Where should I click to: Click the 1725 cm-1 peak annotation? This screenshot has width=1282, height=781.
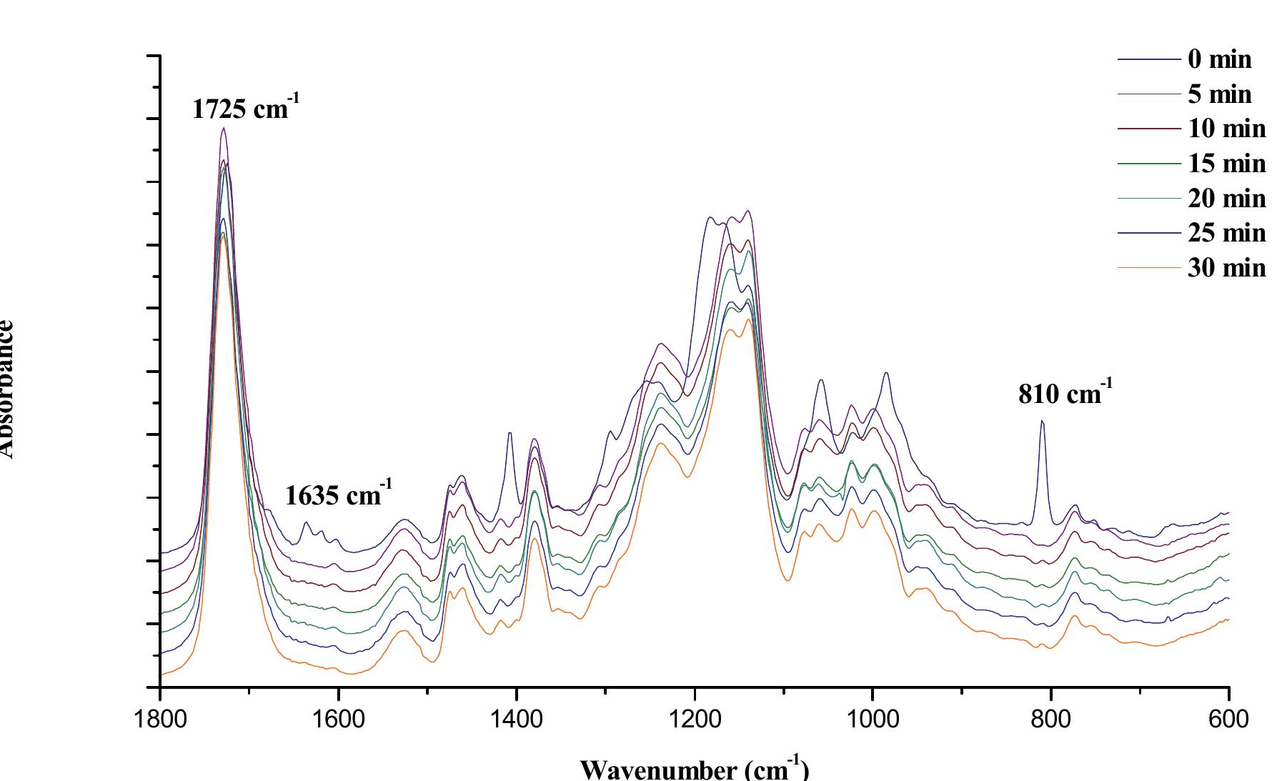(245, 109)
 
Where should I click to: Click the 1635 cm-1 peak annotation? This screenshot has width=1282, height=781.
(338, 494)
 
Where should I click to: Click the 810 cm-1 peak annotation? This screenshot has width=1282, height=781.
(1065, 394)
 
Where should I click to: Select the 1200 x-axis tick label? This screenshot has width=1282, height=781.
(694, 717)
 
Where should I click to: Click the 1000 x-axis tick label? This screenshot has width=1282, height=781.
(872, 717)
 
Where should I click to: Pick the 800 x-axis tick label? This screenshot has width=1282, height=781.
(1050, 717)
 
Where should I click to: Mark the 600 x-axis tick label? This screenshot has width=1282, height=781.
(1228, 717)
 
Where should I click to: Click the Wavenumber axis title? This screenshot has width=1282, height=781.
(694, 769)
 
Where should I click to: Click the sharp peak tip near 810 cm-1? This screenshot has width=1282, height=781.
(1042, 421)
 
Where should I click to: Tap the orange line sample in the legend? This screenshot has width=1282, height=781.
(1148, 268)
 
